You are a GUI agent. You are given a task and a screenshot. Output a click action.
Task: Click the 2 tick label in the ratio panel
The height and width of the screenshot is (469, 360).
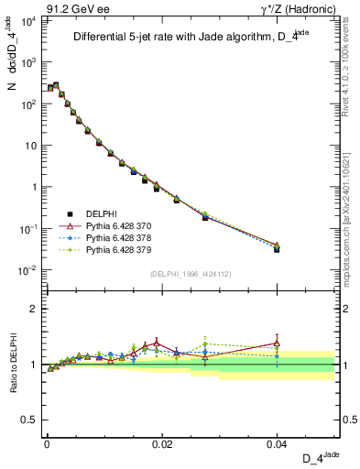point(35,309)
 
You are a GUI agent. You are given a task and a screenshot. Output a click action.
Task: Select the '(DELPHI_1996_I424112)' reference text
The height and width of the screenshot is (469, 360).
point(190,273)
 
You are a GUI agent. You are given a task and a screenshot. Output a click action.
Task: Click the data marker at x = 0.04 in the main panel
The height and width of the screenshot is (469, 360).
point(277,248)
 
